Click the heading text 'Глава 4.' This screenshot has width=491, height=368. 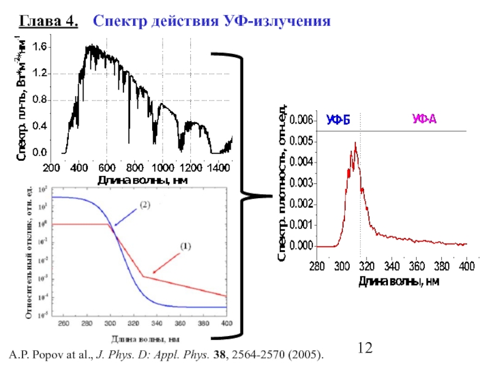49,22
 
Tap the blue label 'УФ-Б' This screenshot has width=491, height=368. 338,119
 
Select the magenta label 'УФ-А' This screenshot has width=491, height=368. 423,119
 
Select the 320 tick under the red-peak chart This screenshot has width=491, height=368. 366,267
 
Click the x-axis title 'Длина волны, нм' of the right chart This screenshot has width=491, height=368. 399,282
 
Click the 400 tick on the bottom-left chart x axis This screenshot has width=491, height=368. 226,323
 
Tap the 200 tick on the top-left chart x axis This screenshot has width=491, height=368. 51,167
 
